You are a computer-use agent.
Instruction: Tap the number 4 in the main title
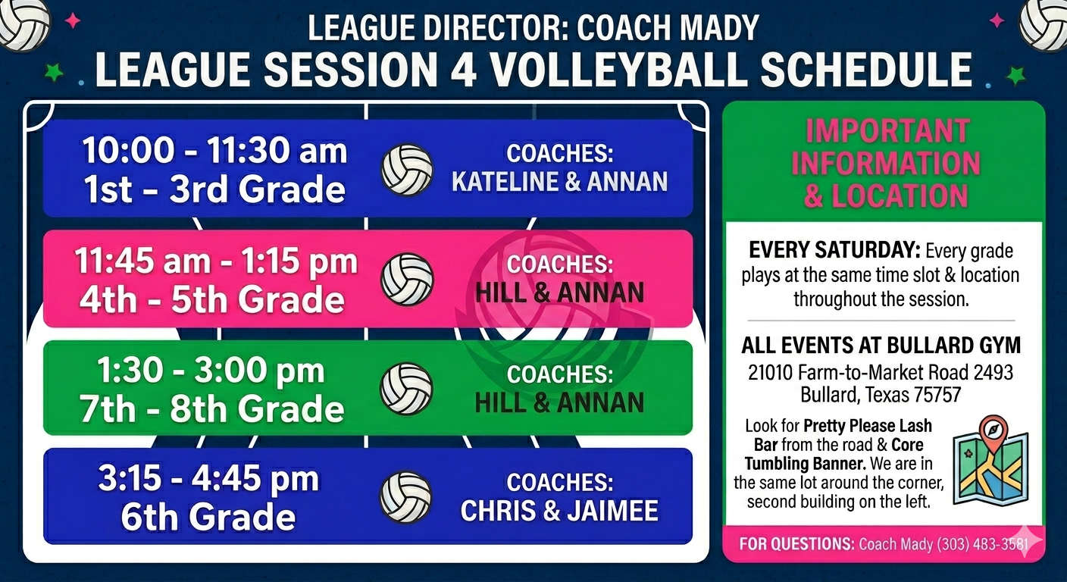pyautogui.click(x=460, y=70)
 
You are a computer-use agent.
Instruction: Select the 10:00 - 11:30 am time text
pyautogui.click(x=214, y=151)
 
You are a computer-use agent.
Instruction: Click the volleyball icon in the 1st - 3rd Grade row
pyautogui.click(x=407, y=170)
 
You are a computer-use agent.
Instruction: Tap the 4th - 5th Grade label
pyautogui.click(x=212, y=299)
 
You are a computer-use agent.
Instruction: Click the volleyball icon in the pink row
pyautogui.click(x=407, y=279)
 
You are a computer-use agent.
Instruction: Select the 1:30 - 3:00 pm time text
pyautogui.click(x=211, y=371)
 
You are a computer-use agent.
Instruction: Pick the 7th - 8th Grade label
pyautogui.click(x=212, y=408)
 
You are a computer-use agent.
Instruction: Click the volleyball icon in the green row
pyautogui.click(x=406, y=389)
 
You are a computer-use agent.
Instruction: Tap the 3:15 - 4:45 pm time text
pyautogui.click(x=208, y=478)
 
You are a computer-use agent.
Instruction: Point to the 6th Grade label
pyautogui.click(x=208, y=517)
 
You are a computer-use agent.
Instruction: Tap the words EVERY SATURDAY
pyautogui.click(x=834, y=251)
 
